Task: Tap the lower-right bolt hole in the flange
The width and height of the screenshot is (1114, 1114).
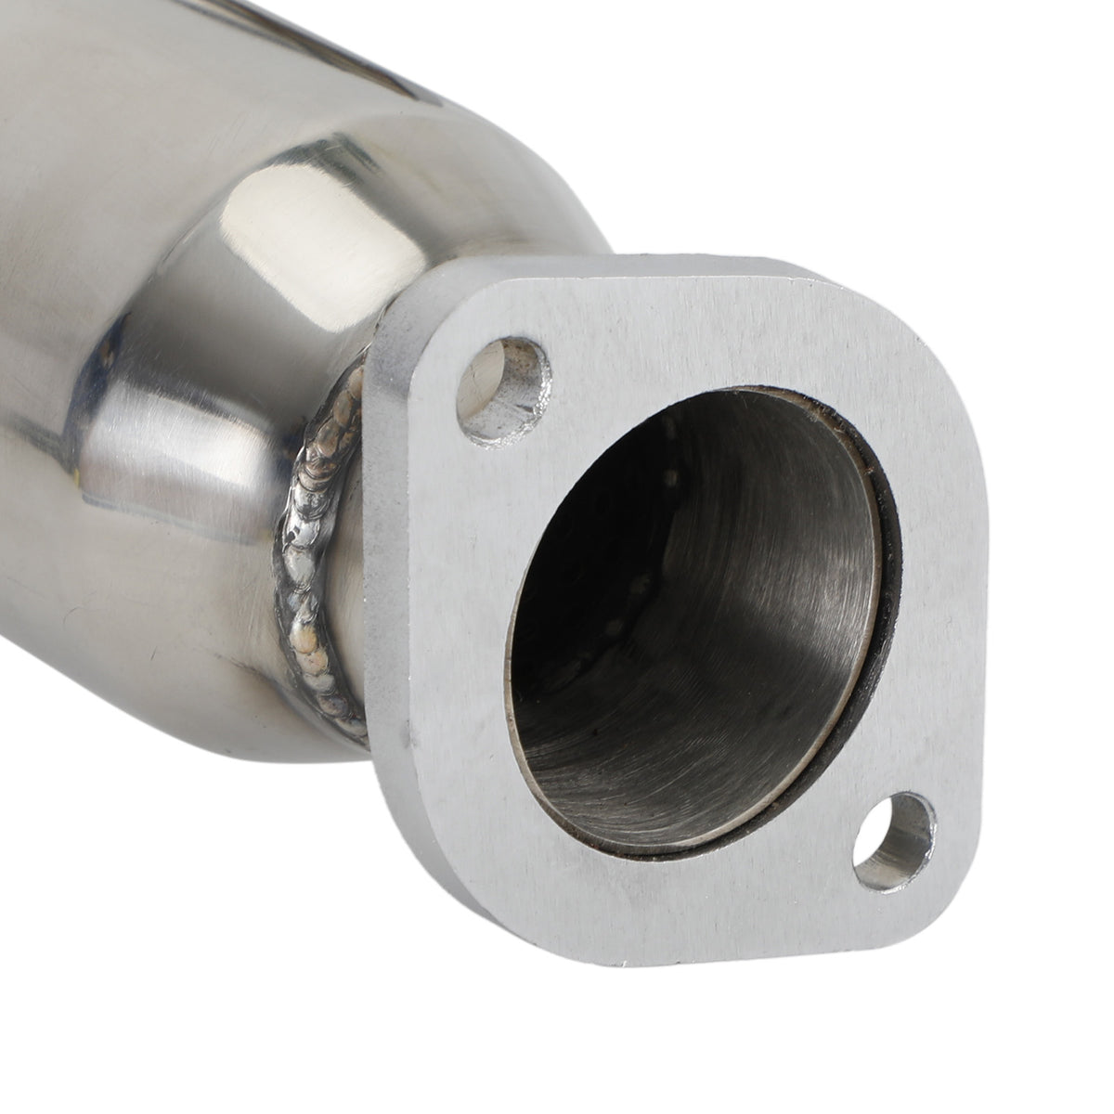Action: tap(893, 837)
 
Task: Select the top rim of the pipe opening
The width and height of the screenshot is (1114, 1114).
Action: tap(743, 395)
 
